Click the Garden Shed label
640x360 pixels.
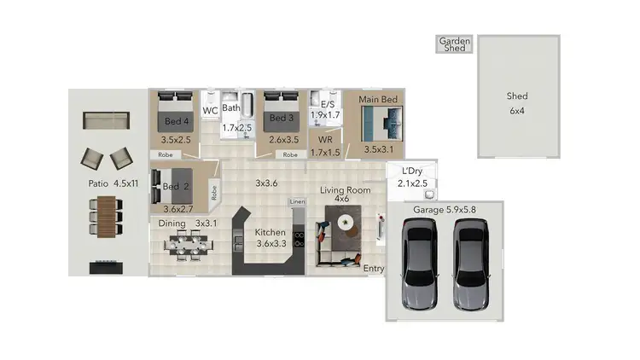click(455, 44)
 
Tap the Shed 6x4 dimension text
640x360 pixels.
click(518, 112)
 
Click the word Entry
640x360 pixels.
click(374, 270)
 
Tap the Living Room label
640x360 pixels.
click(342, 189)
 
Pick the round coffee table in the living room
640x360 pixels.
click(346, 222)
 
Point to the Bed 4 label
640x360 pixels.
click(176, 121)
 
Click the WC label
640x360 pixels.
click(210, 111)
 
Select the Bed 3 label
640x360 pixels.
click(282, 119)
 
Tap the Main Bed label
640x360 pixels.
click(378, 100)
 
